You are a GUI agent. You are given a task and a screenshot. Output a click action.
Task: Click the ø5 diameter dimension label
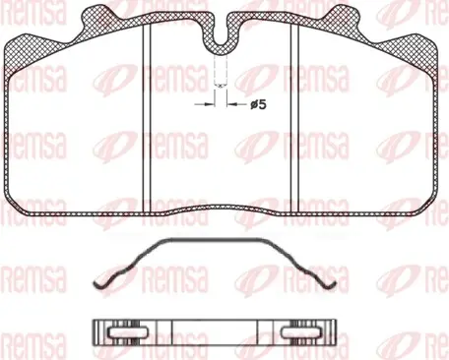pyautogui.click(x=258, y=105)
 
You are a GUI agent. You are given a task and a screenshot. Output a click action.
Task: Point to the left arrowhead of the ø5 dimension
pyautogui.click(x=210, y=104)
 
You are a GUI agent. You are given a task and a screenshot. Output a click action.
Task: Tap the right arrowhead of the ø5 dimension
pyautogui.click(x=231, y=104)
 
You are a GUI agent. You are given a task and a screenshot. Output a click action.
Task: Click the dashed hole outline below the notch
pyautogui.click(x=221, y=71)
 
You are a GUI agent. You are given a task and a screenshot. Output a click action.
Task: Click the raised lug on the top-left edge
pyautogui.click(x=98, y=16)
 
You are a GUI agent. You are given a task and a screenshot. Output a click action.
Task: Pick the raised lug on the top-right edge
pyautogui.click(x=343, y=16)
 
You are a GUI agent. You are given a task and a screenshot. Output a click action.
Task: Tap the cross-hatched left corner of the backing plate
pyautogui.click(x=25, y=51)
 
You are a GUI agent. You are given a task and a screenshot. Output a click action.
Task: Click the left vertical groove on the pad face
pyautogui.click(x=147, y=119)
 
